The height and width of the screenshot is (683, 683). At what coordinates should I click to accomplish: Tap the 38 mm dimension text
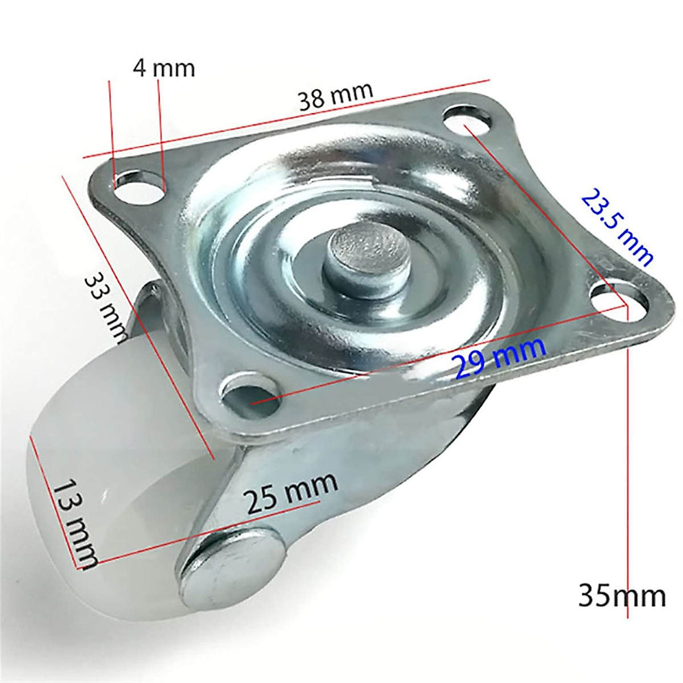336,96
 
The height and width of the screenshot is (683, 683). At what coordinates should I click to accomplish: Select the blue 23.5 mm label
617,227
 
